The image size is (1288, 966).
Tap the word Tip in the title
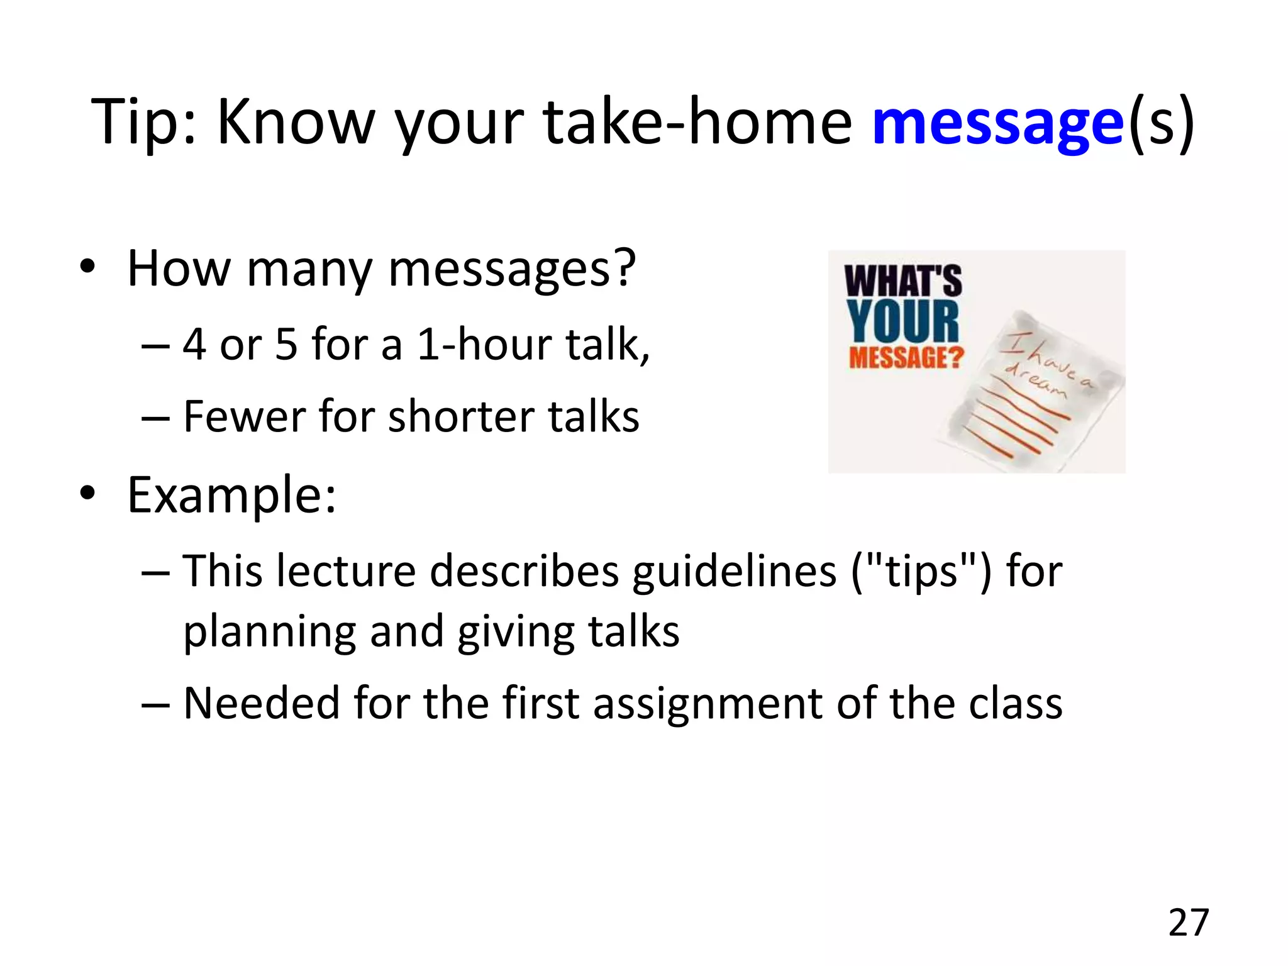142,123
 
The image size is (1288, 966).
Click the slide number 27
1189,923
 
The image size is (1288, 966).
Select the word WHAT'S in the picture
902,280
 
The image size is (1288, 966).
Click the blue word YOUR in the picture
902,321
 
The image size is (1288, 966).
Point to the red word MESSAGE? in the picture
906,358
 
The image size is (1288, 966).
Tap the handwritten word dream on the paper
1035,381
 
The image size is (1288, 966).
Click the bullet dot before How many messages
87,267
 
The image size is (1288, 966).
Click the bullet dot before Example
87,493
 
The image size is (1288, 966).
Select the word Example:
231,496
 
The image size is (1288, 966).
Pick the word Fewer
244,416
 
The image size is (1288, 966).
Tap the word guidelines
734,572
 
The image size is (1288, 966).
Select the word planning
269,633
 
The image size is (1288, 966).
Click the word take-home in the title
697,123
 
